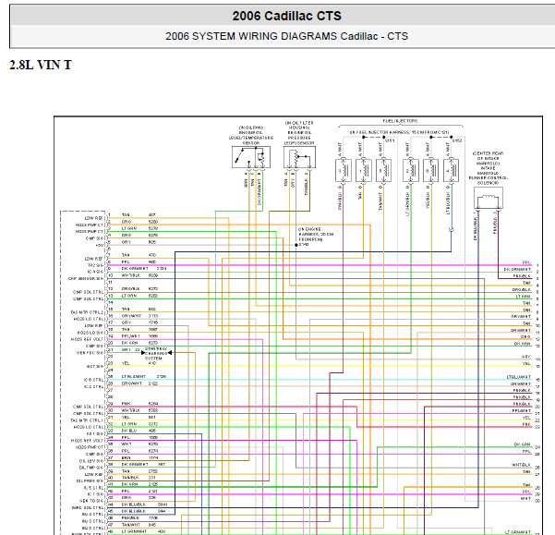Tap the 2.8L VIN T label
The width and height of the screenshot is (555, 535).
click(40, 65)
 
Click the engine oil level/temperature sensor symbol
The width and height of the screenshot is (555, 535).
click(251, 157)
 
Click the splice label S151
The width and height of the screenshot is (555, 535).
click(390, 141)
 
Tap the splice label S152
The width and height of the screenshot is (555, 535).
click(455, 141)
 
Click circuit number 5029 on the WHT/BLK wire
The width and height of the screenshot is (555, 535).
click(152, 276)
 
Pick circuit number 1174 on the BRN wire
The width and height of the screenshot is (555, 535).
click(152, 457)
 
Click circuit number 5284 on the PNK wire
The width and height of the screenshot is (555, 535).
click(152, 405)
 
